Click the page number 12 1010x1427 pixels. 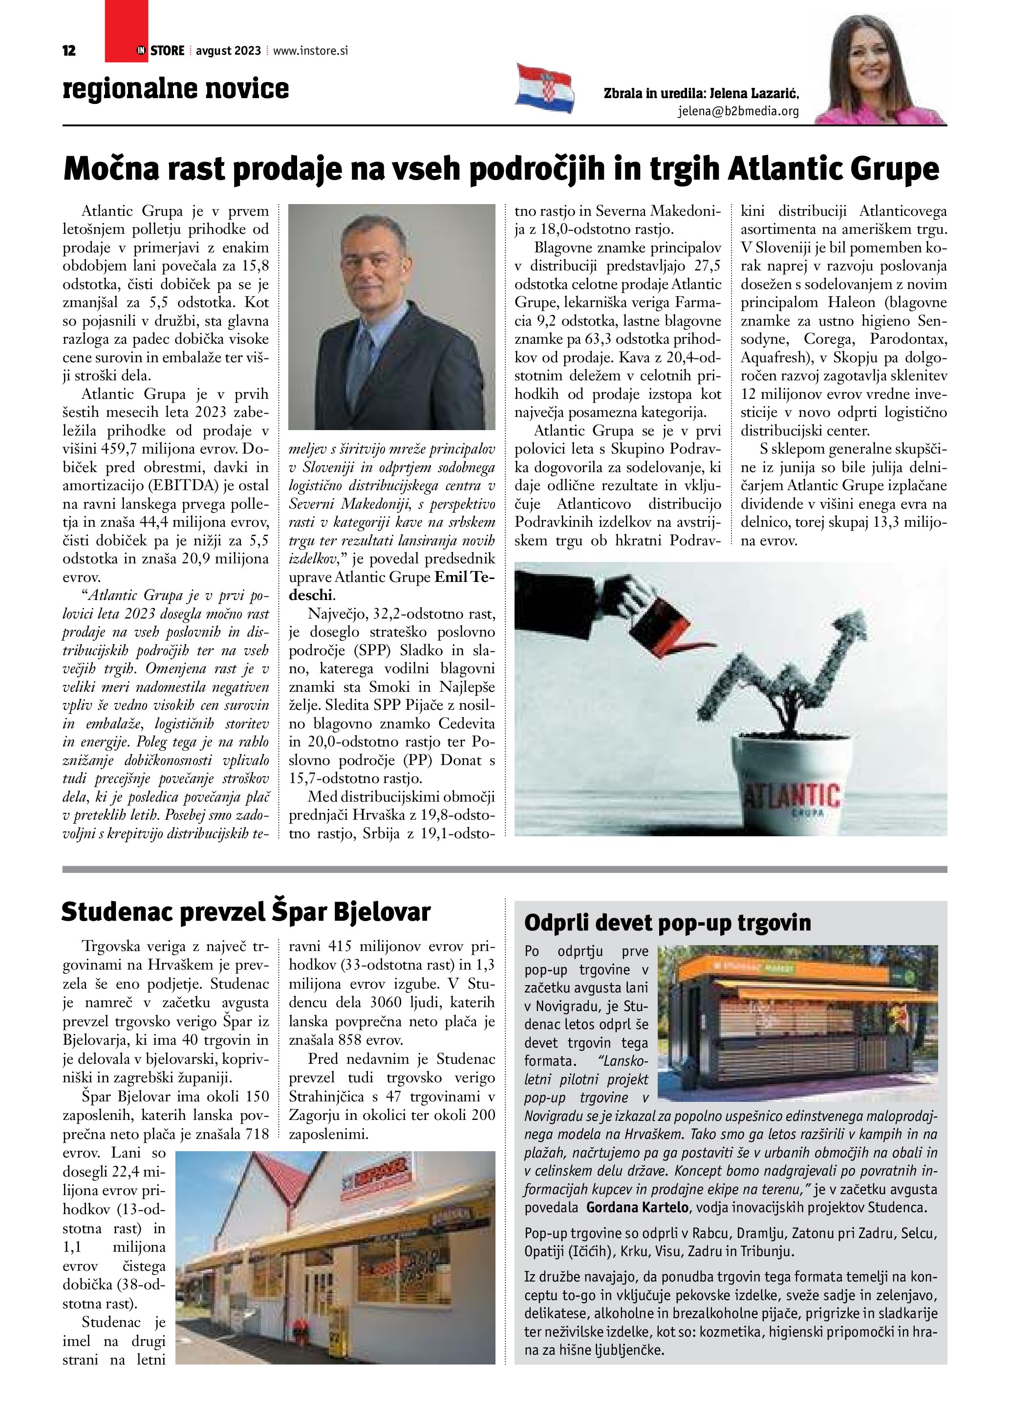(69, 51)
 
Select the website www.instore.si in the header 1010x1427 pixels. (310, 51)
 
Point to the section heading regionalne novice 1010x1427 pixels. (175, 88)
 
